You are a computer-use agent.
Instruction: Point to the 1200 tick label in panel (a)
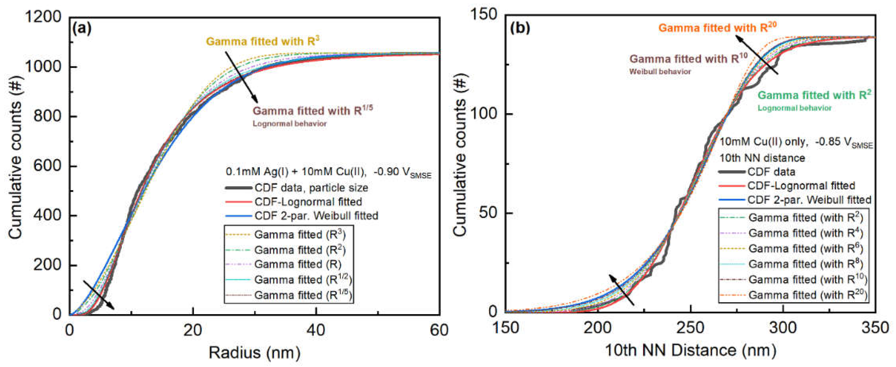tap(43, 17)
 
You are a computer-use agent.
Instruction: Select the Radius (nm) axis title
tap(254, 353)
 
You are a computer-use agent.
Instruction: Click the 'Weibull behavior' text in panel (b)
tap(660, 72)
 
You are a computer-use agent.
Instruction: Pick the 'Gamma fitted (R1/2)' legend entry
tap(302, 279)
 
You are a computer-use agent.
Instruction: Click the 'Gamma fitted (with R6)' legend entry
tap(806, 248)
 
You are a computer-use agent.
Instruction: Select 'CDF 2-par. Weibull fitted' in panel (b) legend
tap(809, 200)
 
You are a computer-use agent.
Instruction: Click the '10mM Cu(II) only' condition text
tap(762, 142)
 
